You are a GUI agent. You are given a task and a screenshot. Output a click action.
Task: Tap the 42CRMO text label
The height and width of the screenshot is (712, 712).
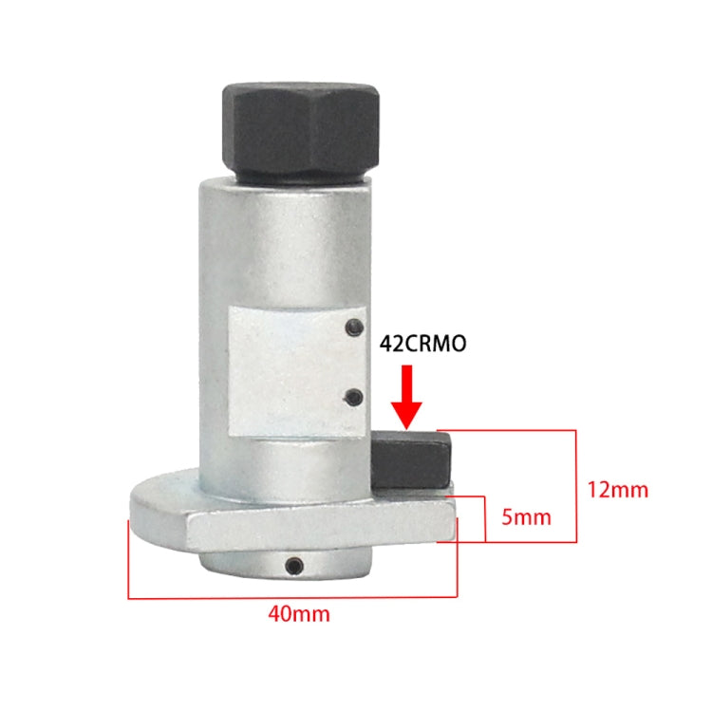click(x=422, y=344)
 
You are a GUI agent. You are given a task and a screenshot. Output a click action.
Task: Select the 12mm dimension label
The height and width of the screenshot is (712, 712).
click(x=617, y=490)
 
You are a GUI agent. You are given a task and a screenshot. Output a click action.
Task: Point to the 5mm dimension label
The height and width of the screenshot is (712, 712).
click(x=525, y=518)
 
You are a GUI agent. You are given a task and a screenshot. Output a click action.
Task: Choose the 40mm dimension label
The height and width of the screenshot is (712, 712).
click(x=299, y=614)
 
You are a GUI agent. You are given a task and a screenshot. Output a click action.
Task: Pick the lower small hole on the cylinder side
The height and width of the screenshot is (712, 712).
click(x=353, y=396)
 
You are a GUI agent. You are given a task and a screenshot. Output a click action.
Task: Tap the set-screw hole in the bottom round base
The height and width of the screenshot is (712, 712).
click(x=293, y=567)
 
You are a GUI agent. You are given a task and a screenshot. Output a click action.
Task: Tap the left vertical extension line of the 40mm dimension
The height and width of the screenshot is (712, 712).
click(x=128, y=560)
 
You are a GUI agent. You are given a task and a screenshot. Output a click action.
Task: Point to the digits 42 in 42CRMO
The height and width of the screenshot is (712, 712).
click(x=391, y=344)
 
